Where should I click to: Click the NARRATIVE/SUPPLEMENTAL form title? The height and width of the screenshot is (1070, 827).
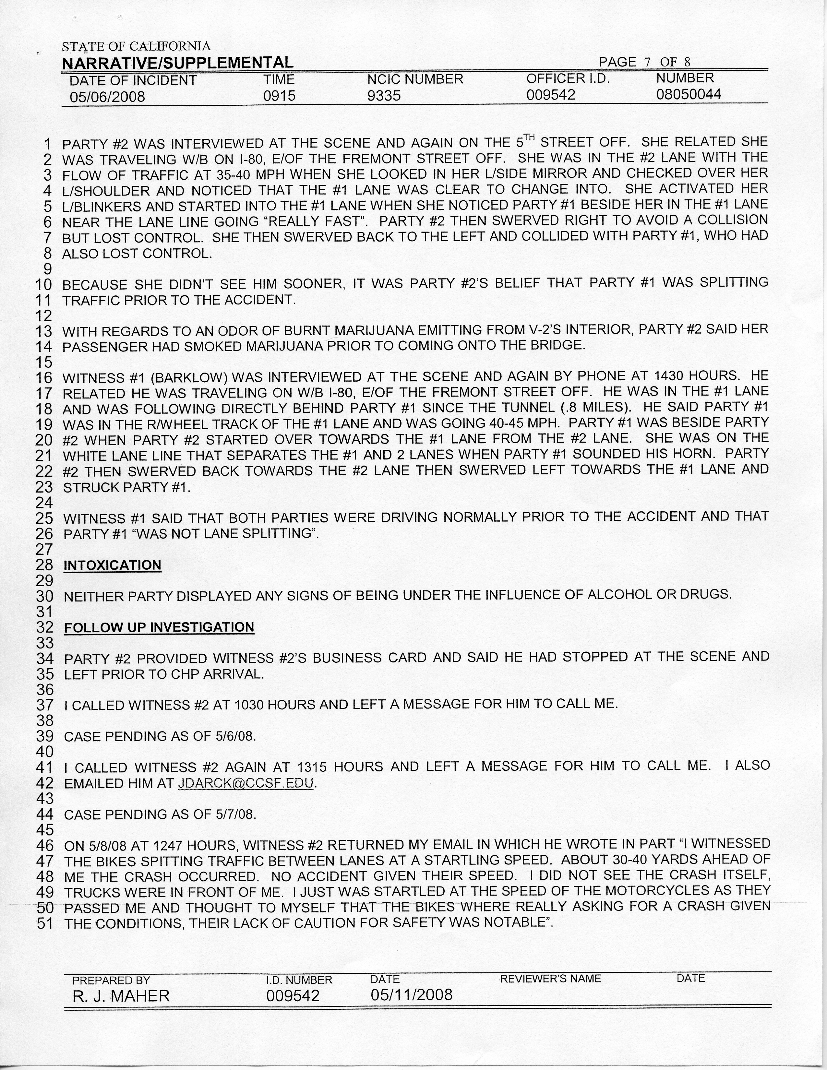click(177, 63)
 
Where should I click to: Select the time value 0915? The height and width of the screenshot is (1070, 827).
click(279, 96)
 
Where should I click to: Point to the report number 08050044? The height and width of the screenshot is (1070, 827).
click(689, 94)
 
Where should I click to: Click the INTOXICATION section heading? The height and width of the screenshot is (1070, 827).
click(112, 565)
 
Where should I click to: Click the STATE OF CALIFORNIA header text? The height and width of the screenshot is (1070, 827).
click(136, 47)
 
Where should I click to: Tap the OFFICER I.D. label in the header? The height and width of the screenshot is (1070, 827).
click(568, 79)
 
